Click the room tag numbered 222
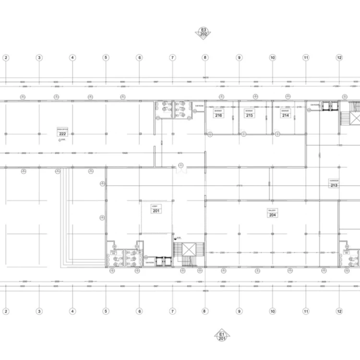pos(62,134)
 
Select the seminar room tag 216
pos(218,116)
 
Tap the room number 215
pos(249,116)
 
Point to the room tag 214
pos(286,116)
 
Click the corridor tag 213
pos(334,185)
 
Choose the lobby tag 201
pos(156,210)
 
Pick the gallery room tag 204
pos(272,215)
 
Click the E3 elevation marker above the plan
pos(203,32)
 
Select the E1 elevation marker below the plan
pos(222,336)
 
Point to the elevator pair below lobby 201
pos(163,260)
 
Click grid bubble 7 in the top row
pos(172,58)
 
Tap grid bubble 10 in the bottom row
pos(272,311)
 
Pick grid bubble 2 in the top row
pos(6,58)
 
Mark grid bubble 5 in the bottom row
pos(106,311)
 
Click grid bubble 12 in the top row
pos(339,58)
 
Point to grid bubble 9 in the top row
pos(239,58)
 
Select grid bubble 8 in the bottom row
pos(205,311)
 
